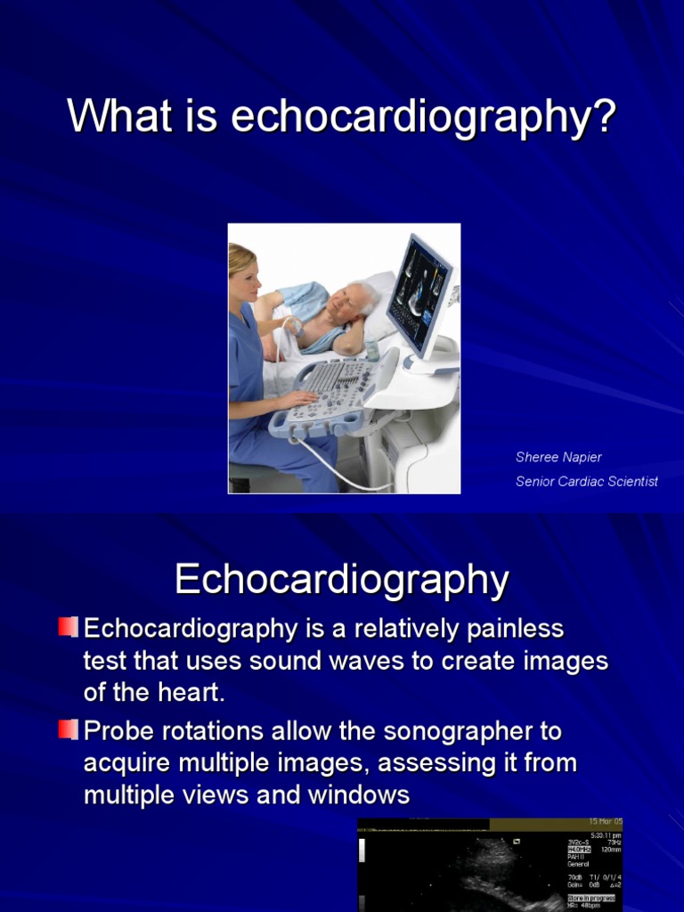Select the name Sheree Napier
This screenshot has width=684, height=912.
click(x=558, y=457)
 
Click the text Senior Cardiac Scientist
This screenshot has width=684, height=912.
click(x=587, y=481)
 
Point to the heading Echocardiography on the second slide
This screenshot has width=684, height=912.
click(x=342, y=580)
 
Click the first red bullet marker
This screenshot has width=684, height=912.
click(x=69, y=627)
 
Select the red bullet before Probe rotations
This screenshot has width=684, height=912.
click(x=69, y=730)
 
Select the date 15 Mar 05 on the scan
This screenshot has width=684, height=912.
click(x=605, y=821)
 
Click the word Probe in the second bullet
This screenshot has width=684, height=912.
click(x=117, y=731)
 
